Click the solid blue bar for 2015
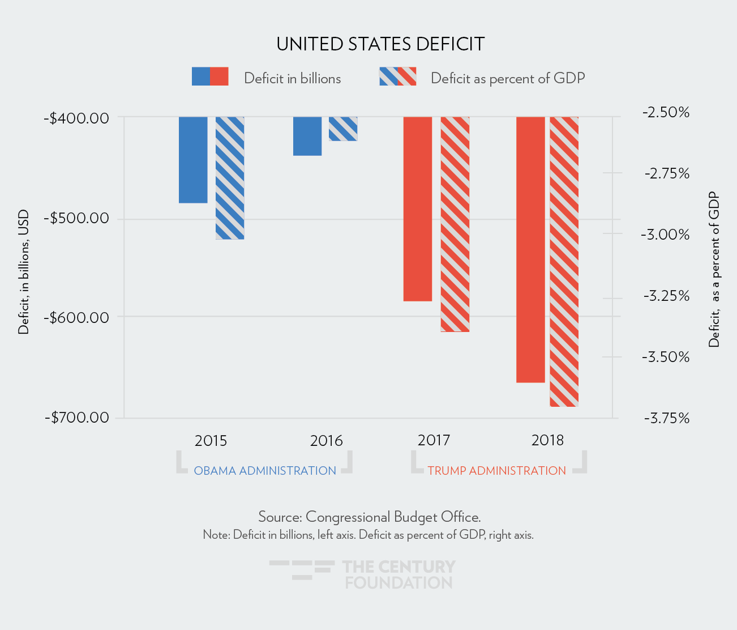(193, 160)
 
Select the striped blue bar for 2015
(230, 178)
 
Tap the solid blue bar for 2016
(307, 136)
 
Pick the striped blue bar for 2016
(343, 129)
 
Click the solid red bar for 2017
(418, 208)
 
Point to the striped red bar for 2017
(455, 224)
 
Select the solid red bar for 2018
(530, 249)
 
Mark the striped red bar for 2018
(564, 261)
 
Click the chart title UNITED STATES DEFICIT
(380, 44)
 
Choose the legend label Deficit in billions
(292, 78)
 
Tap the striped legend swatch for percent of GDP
(397, 76)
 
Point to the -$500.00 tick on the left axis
(79, 219)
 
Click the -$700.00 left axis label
(79, 418)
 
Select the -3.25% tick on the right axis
(666, 296)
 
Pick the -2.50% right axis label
(666, 112)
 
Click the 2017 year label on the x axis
(434, 440)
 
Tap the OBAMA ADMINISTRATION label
(265, 471)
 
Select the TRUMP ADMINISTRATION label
(496, 471)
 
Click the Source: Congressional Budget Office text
(369, 517)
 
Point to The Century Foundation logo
(363, 574)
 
